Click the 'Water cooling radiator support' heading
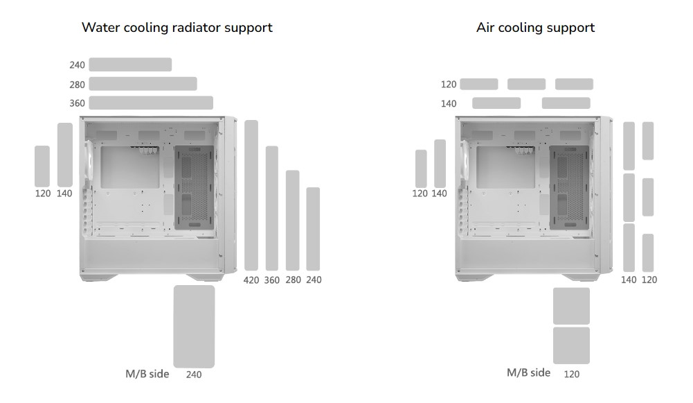[177, 28]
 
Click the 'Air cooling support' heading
[535, 28]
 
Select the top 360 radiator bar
[151, 103]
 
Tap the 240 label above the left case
[77, 65]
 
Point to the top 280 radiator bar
[143, 84]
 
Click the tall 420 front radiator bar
[251, 195]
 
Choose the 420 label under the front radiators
[251, 280]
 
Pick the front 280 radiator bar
[293, 220]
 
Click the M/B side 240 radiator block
[194, 326]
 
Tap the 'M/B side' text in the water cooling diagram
[147, 374]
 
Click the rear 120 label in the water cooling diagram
[43, 194]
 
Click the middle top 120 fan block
[526, 84]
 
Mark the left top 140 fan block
[496, 103]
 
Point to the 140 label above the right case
[449, 103]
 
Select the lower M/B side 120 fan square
[572, 345]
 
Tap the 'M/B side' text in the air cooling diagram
[529, 373]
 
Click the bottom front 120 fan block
[648, 252]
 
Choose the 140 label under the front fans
[629, 280]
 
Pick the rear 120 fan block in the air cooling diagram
[421, 169]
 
